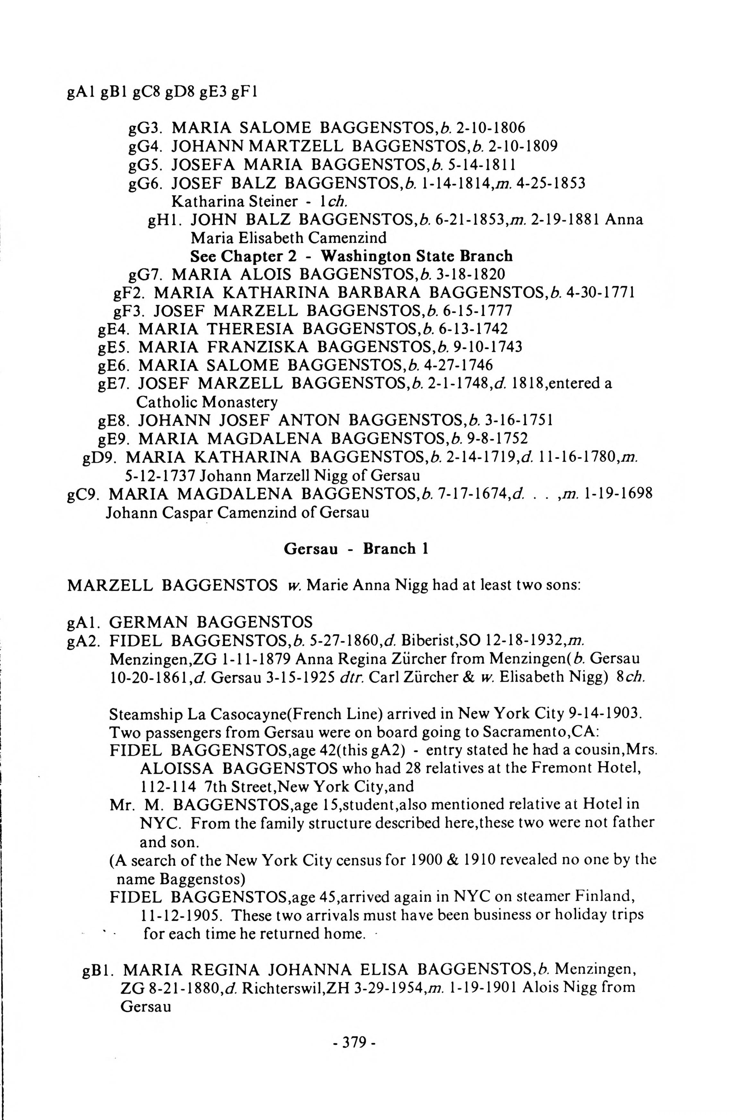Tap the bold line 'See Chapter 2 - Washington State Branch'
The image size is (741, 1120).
[351, 256]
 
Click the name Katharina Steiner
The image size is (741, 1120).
[234, 201]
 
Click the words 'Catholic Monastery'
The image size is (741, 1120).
[207, 402]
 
